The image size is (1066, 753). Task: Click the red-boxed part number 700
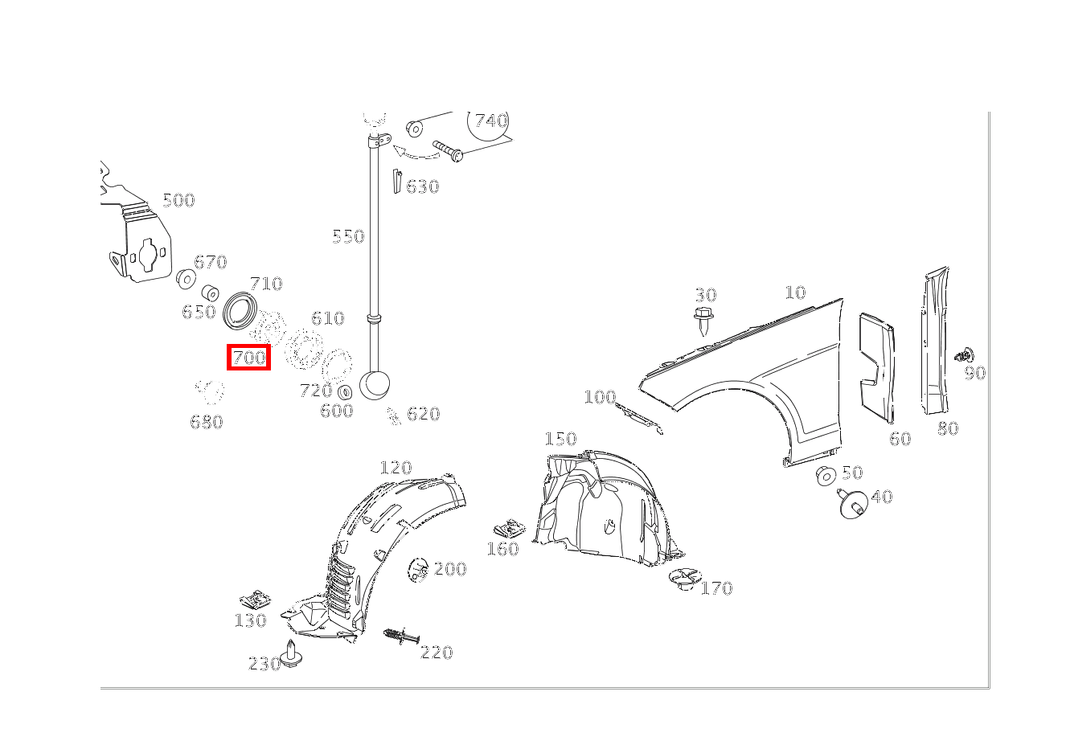249,358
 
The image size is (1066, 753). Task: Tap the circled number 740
491,121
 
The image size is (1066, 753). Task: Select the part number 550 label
348,236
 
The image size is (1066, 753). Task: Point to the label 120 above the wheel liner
396,468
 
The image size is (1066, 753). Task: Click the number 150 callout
560,439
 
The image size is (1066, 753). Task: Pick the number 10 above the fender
795,293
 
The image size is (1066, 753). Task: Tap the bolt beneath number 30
703,321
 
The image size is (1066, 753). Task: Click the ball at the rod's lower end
375,385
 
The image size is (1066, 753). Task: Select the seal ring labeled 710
240,311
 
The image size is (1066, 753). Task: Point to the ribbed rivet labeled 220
401,636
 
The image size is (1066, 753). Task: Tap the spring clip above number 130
256,600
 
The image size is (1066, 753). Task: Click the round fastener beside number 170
685,579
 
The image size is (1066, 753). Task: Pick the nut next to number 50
826,476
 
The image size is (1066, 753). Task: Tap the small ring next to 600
345,392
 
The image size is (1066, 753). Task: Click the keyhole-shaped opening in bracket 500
148,255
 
